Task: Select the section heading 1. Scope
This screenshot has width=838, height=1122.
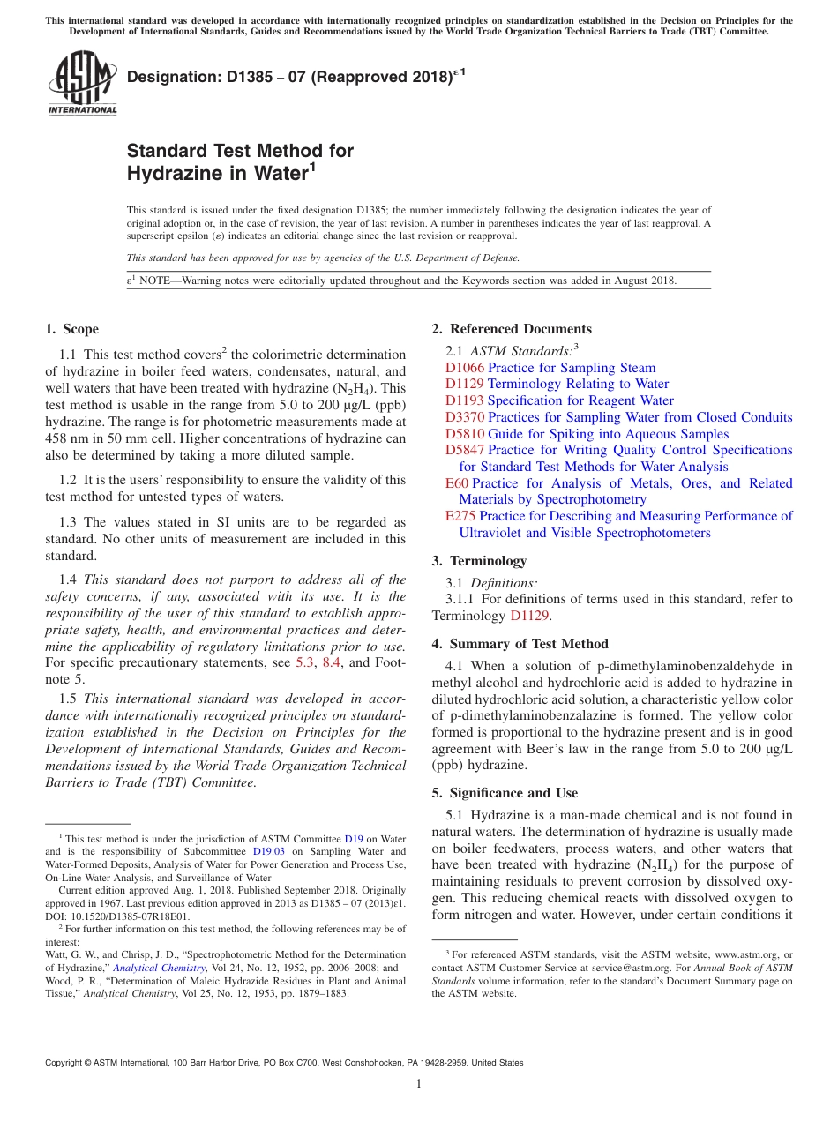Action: [72, 329]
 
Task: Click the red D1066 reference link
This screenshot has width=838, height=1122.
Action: [465, 368]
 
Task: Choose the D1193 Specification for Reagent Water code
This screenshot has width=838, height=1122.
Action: [465, 400]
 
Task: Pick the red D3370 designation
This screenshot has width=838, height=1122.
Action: [465, 417]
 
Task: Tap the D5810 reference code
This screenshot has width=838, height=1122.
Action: [465, 434]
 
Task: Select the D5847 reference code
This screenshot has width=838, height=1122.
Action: [465, 450]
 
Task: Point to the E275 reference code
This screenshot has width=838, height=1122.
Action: [460, 516]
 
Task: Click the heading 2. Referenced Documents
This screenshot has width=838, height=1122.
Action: [512, 329]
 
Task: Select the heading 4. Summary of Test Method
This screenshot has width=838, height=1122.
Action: [520, 644]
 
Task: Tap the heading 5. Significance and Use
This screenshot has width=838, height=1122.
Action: [505, 793]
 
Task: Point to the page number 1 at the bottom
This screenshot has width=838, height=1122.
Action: [419, 1084]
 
